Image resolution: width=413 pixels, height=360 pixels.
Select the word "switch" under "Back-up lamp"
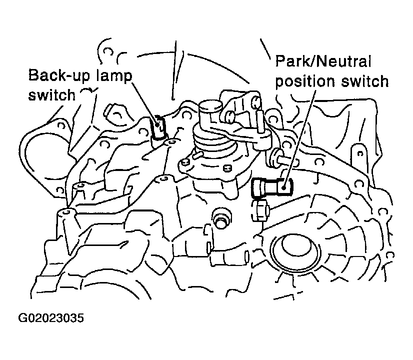[51, 94]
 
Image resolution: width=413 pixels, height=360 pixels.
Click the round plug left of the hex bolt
[220, 218]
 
